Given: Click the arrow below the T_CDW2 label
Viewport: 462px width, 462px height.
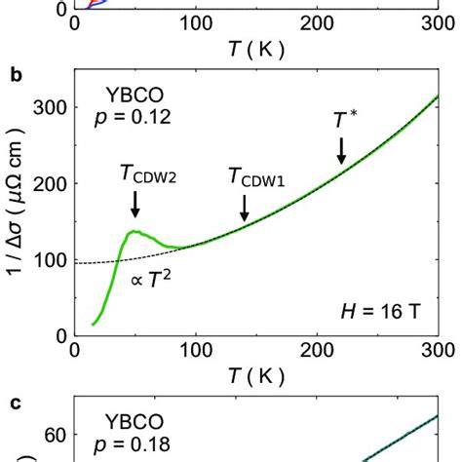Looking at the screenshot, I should point(135,203).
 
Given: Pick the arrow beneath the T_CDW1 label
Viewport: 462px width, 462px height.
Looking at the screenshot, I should point(245,206).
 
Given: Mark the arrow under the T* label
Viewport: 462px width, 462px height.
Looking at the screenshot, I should point(342,150).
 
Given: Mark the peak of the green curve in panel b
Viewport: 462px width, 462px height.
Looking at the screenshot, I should point(135,231).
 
